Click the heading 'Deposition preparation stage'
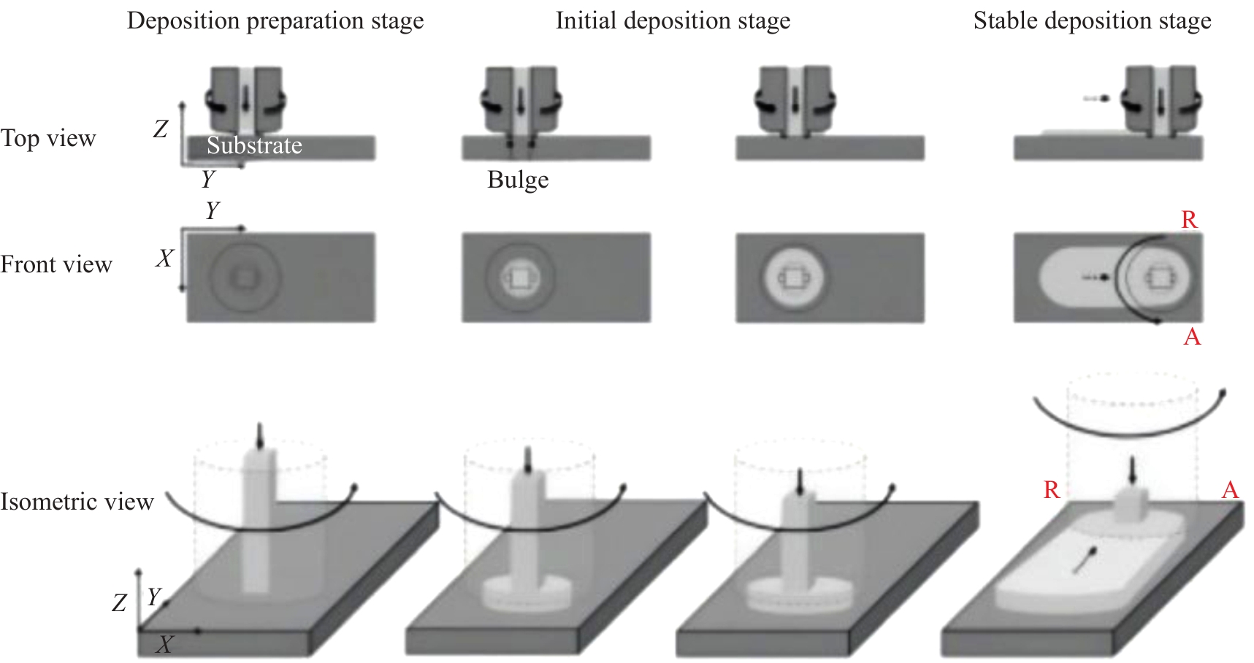click(x=275, y=20)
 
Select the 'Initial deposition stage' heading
click(x=673, y=20)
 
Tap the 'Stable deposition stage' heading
click(x=1092, y=20)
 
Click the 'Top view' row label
click(x=48, y=138)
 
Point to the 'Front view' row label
click(x=56, y=264)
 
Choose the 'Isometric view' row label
click(x=77, y=502)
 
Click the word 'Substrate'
click(x=254, y=145)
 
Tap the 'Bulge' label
click(x=518, y=180)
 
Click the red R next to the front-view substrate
click(x=1189, y=220)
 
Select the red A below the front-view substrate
click(x=1192, y=337)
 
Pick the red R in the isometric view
click(x=1052, y=489)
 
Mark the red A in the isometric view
click(x=1231, y=489)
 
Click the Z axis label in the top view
click(x=161, y=129)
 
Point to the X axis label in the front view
click(x=165, y=258)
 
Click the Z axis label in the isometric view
click(x=120, y=602)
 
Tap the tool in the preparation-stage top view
click(x=246, y=99)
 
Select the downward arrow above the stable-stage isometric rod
click(x=1132, y=471)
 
